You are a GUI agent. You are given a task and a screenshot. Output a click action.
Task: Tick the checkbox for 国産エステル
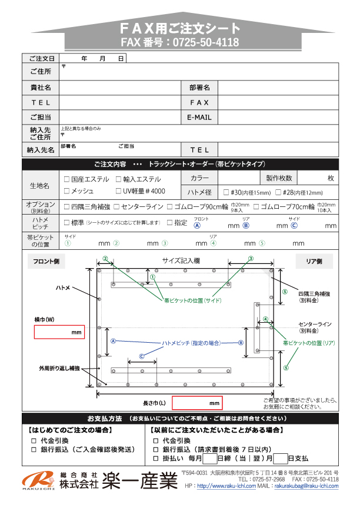tap(66, 179)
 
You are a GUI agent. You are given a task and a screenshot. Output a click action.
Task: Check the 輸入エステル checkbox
tap(118, 179)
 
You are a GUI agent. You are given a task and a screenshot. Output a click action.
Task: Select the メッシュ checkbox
tap(66, 191)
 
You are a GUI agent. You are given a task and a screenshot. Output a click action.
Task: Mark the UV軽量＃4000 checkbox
tap(118, 191)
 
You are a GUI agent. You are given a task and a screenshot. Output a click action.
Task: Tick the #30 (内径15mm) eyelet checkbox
tap(226, 192)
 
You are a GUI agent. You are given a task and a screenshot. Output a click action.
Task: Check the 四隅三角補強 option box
tap(66, 207)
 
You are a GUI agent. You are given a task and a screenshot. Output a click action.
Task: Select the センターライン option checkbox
tap(116, 207)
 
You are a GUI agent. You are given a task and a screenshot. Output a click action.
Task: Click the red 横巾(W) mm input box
tap(60, 333)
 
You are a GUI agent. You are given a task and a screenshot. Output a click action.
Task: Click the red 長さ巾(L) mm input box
tap(197, 403)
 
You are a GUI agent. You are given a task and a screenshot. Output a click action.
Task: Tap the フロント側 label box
tap(46, 262)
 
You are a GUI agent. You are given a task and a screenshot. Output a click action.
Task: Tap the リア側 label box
tap(314, 262)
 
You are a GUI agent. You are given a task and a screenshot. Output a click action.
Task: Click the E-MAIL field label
tap(199, 118)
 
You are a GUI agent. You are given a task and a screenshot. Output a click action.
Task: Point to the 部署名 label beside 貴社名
tap(199, 87)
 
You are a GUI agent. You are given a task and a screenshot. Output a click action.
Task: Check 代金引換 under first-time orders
tap(34, 440)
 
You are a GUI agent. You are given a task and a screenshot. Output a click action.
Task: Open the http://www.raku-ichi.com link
tap(226, 486)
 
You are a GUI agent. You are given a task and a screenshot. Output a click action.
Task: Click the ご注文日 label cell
tap(40, 59)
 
